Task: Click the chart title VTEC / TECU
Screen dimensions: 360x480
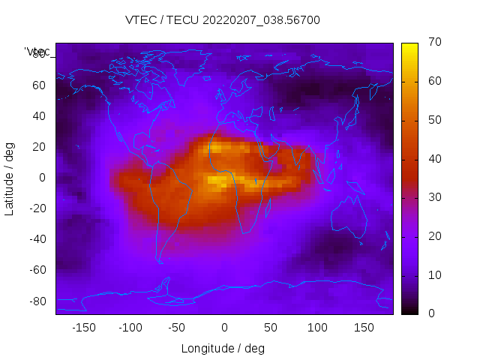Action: click(x=223, y=20)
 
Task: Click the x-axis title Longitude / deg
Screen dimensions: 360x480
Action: click(x=223, y=349)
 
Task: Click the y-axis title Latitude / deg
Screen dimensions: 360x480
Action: click(x=10, y=178)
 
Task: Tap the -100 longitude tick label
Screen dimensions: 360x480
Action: click(x=130, y=328)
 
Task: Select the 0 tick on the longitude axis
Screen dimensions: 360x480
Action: click(x=223, y=328)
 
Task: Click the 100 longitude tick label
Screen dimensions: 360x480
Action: click(x=317, y=328)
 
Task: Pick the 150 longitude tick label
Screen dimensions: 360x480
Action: click(x=364, y=328)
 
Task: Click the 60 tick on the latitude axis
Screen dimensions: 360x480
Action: click(x=39, y=85)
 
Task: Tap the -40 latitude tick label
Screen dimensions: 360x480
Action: click(x=37, y=239)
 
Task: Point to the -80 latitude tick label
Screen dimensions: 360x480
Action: click(x=37, y=301)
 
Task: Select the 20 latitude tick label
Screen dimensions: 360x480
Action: click(x=39, y=147)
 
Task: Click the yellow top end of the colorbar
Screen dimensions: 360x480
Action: click(x=409, y=46)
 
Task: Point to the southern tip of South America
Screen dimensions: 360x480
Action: click(x=159, y=260)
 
